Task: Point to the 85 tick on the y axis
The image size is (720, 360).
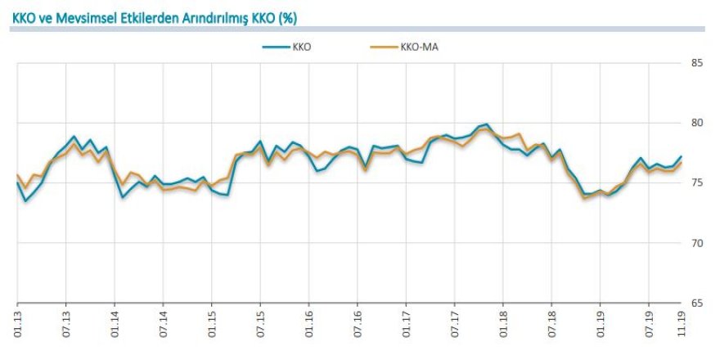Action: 698,63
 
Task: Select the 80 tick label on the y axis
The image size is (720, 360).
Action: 698,123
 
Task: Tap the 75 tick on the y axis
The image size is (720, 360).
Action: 698,182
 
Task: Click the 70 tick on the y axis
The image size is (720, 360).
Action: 698,243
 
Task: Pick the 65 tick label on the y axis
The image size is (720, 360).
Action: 698,303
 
